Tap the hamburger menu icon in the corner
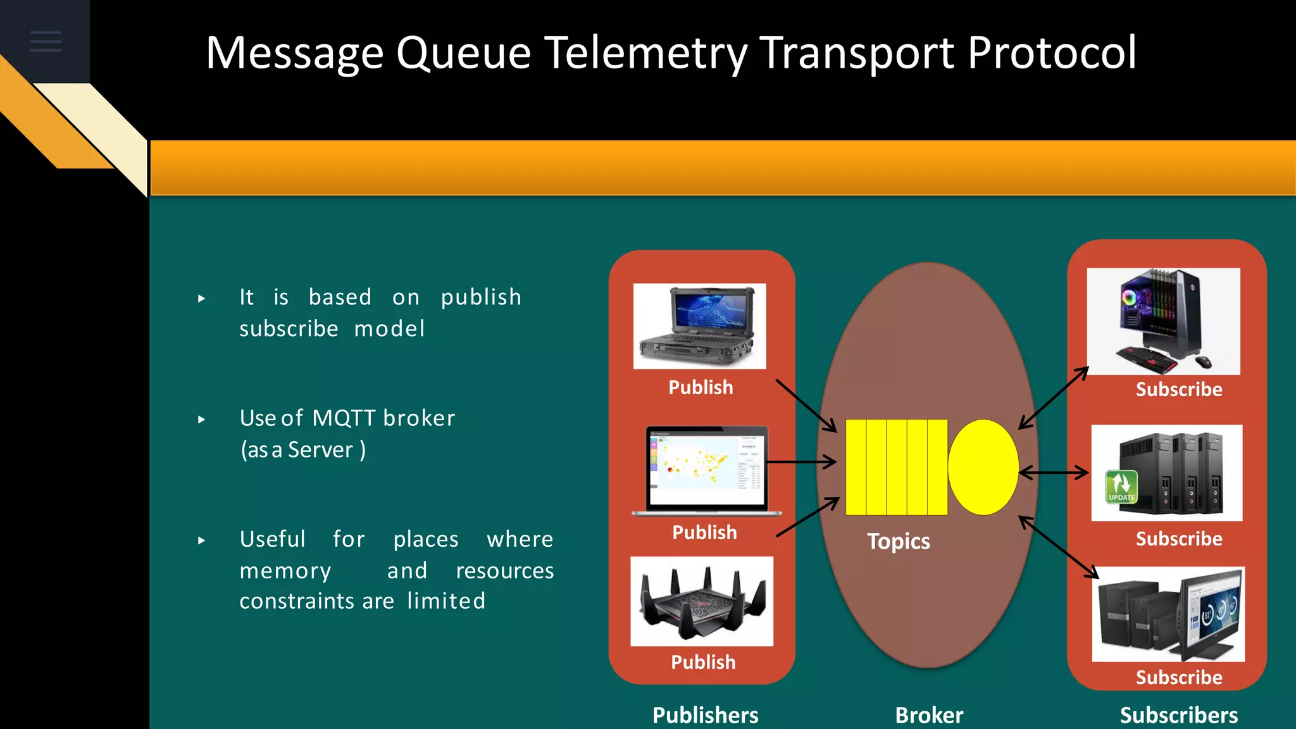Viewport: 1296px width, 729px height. pyautogui.click(x=46, y=41)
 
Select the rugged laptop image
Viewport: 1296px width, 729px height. pyautogui.click(x=699, y=326)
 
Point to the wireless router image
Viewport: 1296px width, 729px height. pyautogui.click(x=702, y=601)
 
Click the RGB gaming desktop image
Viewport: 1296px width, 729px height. pyautogui.click(x=1163, y=321)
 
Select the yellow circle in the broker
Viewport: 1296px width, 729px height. pyautogui.click(x=983, y=467)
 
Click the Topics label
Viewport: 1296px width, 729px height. pyautogui.click(x=898, y=542)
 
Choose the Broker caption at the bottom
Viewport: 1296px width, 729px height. pyautogui.click(x=928, y=715)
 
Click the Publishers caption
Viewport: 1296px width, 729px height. pyautogui.click(x=705, y=715)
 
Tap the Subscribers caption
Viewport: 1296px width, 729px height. pyautogui.click(x=1178, y=715)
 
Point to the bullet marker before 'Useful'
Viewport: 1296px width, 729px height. pyautogui.click(x=201, y=540)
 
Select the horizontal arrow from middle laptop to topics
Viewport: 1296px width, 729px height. pyautogui.click(x=801, y=463)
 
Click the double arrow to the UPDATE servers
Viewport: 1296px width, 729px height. pyautogui.click(x=1054, y=473)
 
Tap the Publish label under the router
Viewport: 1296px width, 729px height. pyautogui.click(x=703, y=662)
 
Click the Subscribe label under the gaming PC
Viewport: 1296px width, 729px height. pyautogui.click(x=1178, y=389)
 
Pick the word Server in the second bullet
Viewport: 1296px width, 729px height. pyautogui.click(x=320, y=450)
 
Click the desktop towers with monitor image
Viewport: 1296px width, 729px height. pyautogui.click(x=1168, y=614)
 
